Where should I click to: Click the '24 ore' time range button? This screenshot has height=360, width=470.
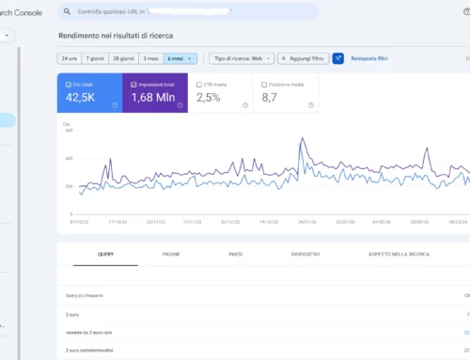click(x=70, y=57)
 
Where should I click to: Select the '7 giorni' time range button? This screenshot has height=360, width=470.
click(x=97, y=57)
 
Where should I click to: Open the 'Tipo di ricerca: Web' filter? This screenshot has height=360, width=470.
click(x=242, y=57)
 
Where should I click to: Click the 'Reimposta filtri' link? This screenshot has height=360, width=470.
click(x=370, y=57)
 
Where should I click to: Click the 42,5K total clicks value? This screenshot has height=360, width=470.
click(x=82, y=96)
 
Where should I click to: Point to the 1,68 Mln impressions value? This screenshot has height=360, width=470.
click(x=154, y=96)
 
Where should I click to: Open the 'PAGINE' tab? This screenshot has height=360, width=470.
click(x=171, y=254)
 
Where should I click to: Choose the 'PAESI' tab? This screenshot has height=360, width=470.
click(x=235, y=254)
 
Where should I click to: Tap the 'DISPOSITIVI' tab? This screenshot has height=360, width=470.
click(x=305, y=254)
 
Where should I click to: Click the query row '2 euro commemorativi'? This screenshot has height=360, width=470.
click(x=92, y=349)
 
